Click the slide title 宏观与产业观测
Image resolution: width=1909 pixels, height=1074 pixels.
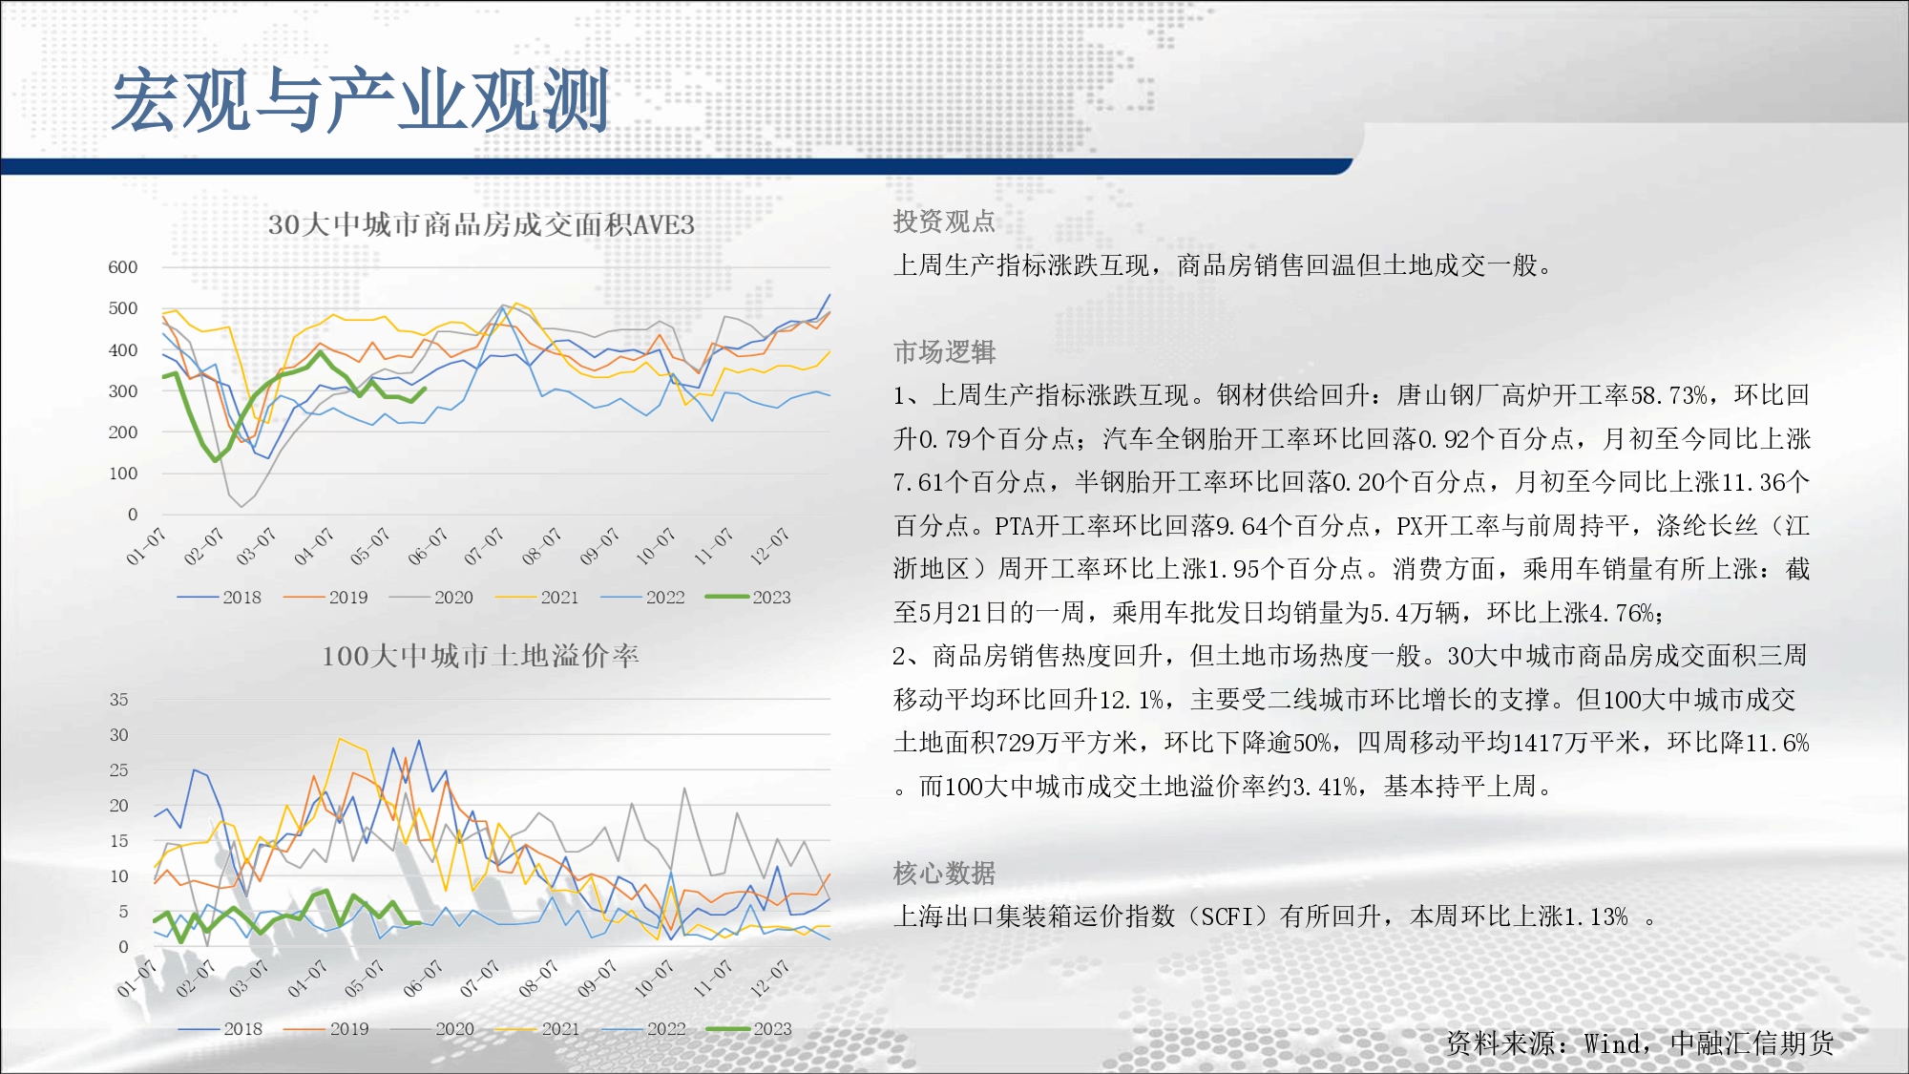pos(360,100)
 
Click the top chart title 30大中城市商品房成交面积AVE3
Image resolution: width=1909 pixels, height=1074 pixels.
pos(481,224)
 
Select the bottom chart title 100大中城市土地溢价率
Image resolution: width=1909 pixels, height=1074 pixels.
pos(480,656)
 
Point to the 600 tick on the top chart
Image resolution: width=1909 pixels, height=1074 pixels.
pos(123,267)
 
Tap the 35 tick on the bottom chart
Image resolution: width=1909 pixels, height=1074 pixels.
pos(118,700)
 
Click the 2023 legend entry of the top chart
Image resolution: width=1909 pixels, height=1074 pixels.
pos(748,597)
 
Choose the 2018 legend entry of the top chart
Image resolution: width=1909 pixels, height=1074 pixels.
pos(220,597)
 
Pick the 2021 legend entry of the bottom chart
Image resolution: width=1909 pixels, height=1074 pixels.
pos(537,1029)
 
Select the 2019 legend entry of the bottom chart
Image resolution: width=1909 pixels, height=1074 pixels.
pos(326,1029)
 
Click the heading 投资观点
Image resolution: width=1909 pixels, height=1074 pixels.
pos(944,221)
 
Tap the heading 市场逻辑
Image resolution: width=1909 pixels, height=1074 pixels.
pos(944,352)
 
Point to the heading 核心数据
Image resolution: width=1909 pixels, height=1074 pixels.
pos(944,874)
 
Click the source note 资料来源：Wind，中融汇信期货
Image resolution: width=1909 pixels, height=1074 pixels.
pos(1640,1043)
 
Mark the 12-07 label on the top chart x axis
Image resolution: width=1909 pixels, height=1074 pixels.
pos(769,545)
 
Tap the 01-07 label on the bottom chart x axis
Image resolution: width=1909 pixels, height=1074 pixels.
pos(136,979)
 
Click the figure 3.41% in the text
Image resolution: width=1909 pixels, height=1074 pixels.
pos(1319,787)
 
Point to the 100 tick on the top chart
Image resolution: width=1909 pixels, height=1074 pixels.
pos(123,474)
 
